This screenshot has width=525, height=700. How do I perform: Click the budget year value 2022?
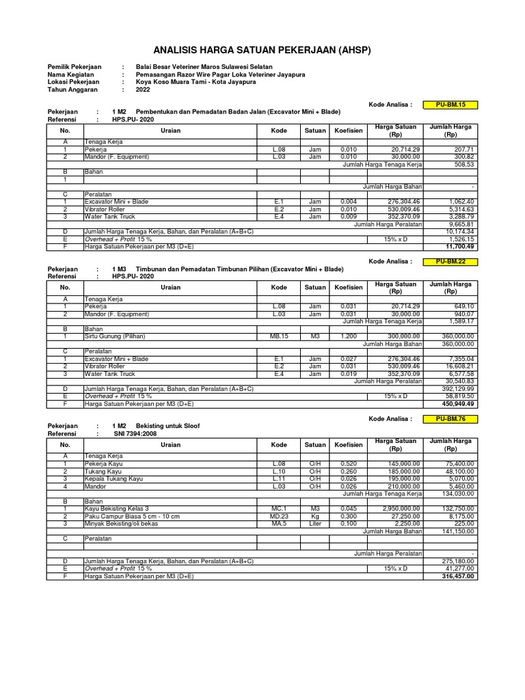click(x=143, y=90)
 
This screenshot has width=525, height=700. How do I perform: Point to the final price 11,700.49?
click(x=459, y=246)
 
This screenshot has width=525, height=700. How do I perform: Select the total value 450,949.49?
click(x=457, y=403)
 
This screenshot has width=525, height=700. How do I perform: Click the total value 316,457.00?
click(x=457, y=576)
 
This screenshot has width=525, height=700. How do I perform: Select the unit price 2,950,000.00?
click(x=396, y=509)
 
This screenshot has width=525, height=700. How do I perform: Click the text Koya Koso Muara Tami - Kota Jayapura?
click(x=196, y=82)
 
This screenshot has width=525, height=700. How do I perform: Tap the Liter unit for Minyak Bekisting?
click(x=314, y=523)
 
